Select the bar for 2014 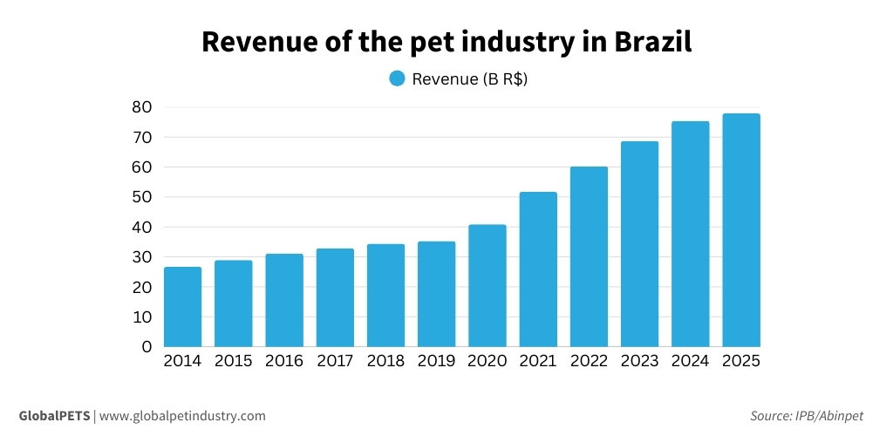182,307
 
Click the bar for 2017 335,297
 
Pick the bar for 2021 538,269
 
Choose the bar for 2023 639,244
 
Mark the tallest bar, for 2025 741,230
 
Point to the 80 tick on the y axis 140,107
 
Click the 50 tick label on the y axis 140,197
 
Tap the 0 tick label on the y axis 147,346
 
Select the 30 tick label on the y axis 140,256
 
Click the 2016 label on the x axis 284,361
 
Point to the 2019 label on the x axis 436,361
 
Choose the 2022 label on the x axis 589,361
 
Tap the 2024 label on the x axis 690,361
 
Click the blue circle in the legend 397,78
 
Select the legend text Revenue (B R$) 470,78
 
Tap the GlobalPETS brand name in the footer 54,416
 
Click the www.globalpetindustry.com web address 182,416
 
